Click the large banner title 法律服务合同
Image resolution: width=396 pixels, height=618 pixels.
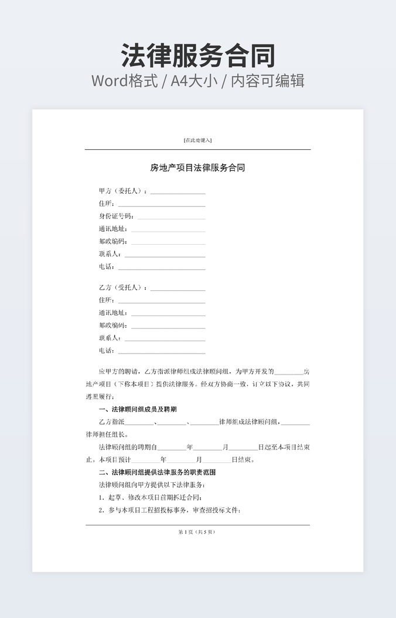click(197, 56)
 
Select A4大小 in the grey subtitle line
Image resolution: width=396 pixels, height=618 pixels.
click(194, 81)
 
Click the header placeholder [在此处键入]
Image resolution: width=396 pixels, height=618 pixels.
click(197, 140)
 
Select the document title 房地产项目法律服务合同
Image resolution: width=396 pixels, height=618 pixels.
click(197, 168)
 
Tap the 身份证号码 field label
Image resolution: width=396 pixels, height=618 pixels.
click(117, 217)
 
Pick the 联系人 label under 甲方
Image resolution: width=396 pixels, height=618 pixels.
click(110, 254)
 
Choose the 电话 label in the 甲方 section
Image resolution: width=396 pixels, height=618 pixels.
click(107, 267)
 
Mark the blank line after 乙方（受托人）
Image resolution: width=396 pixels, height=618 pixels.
click(178, 290)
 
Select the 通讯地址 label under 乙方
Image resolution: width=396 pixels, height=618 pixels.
click(113, 313)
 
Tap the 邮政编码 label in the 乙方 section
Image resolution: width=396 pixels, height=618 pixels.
click(113, 325)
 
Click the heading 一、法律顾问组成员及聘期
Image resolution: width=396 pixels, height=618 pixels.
click(138, 409)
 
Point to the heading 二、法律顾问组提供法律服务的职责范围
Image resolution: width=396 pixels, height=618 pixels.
click(157, 472)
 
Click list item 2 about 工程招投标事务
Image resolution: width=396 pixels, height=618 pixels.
click(170, 510)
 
